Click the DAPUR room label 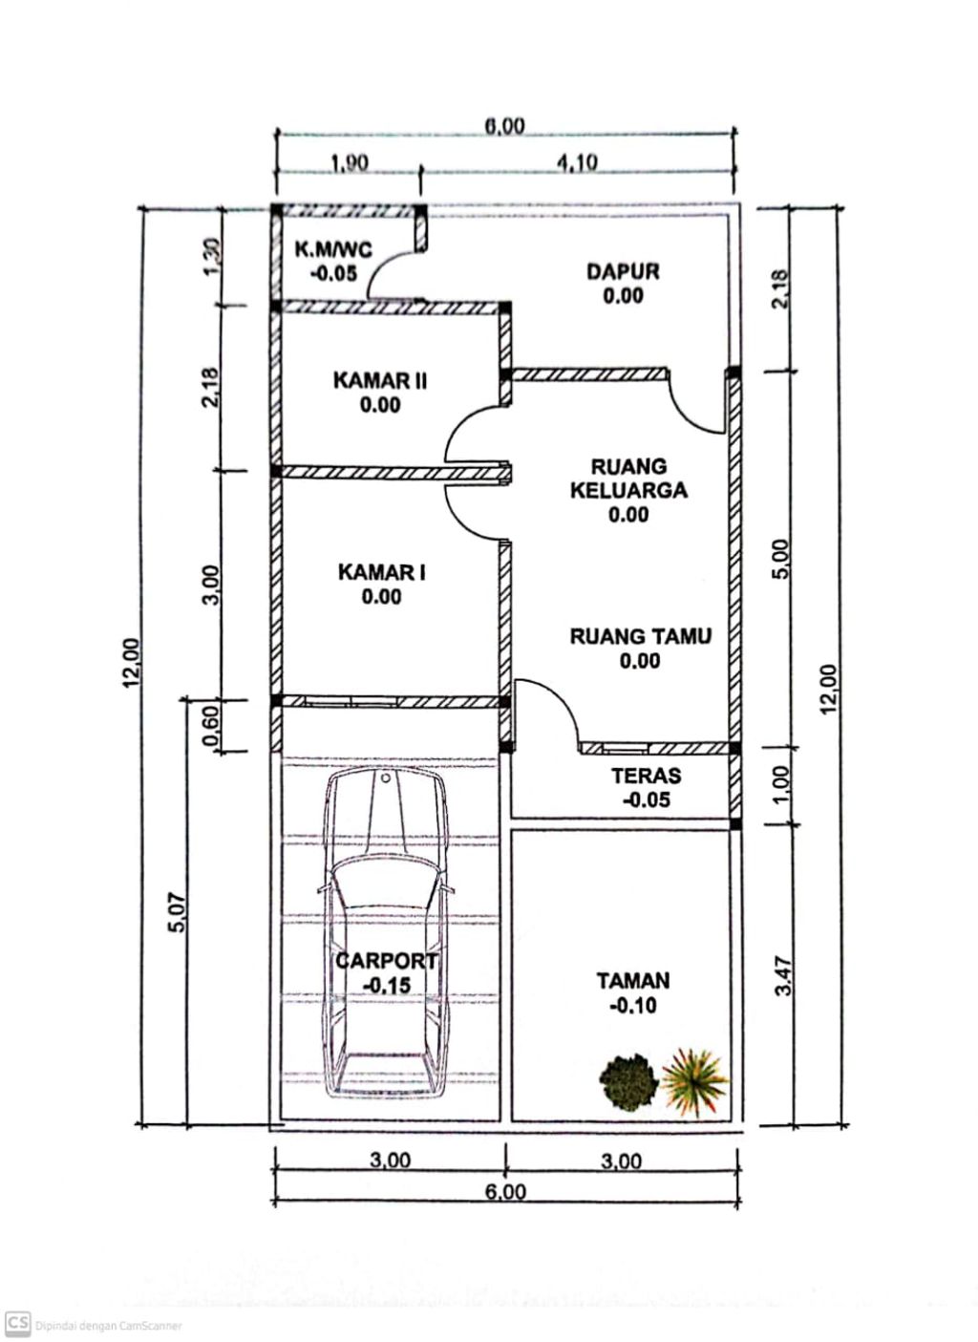623,271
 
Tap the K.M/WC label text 333,250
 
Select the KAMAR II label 380,381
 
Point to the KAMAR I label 381,572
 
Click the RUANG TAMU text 640,636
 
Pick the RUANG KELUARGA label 628,479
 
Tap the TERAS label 647,776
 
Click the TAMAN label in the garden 633,980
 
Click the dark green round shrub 628,1080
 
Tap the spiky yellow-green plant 696,1080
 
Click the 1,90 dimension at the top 349,163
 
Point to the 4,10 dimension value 576,163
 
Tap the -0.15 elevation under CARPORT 385,986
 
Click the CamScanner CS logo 17,1323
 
